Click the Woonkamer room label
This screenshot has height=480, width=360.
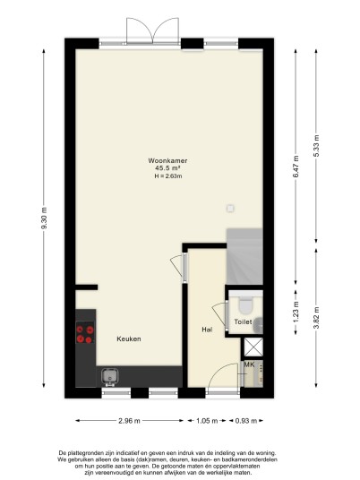coord(167,160)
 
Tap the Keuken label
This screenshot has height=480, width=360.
coord(129,339)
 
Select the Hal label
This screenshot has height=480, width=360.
coord(207,330)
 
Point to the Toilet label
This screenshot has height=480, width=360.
coord(243,321)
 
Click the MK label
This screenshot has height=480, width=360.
coord(249,364)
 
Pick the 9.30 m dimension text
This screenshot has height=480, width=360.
coord(45,218)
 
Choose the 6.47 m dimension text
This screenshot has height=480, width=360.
coord(296,167)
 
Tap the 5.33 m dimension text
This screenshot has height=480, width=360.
coord(316,146)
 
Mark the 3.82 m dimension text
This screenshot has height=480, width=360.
coord(316,318)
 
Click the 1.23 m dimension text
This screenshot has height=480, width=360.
coord(296,313)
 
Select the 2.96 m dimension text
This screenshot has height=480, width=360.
coord(129,421)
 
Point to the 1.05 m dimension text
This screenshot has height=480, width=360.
coord(207,421)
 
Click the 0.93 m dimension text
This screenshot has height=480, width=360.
coord(246,421)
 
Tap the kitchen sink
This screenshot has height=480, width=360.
coord(109,377)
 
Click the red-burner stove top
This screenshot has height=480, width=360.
coord(85,334)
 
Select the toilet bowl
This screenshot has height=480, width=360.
coord(245,306)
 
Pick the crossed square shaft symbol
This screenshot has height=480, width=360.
coord(253,347)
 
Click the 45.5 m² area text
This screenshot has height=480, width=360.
coord(167,168)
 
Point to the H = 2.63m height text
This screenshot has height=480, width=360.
coord(168,176)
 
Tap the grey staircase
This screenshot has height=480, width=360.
coord(244,256)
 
